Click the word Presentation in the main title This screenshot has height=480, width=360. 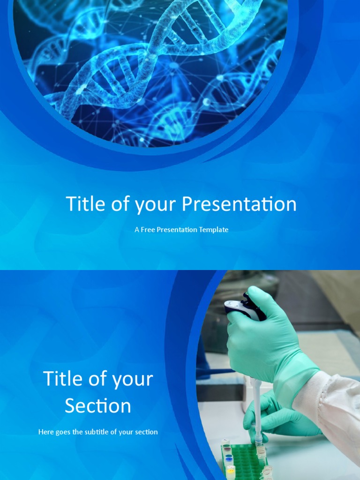click(x=239, y=204)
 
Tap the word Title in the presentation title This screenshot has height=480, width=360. click(x=84, y=204)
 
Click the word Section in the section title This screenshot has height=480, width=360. click(x=98, y=405)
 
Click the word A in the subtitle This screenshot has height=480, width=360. click(x=136, y=230)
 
